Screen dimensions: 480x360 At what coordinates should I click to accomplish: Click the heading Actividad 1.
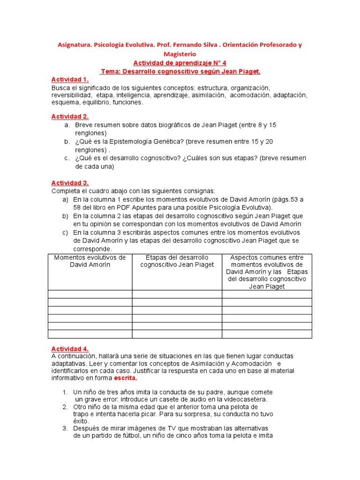70,80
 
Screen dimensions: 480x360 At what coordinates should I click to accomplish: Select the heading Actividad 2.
70,117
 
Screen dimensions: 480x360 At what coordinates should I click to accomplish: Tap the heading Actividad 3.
70,183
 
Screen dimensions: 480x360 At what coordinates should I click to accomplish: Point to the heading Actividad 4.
70,349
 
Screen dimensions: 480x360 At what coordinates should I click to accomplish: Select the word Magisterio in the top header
180,54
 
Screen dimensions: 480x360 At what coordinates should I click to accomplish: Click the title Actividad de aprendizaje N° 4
180,63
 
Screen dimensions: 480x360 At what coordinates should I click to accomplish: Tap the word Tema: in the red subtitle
111,71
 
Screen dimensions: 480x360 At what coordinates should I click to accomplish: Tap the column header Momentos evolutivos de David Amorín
90,261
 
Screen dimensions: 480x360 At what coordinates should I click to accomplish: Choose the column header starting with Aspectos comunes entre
267,272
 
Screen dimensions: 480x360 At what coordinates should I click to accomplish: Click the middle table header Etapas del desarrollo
177,261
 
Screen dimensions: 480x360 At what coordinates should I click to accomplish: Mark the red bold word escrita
125,378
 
